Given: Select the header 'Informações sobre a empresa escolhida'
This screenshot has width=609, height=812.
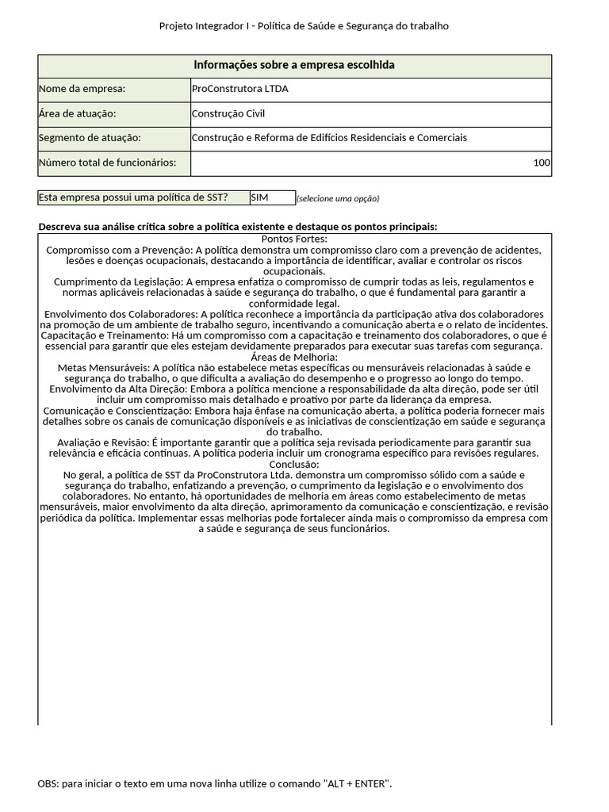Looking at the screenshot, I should (294, 65).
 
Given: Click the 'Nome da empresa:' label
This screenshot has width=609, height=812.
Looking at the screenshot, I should (82, 90).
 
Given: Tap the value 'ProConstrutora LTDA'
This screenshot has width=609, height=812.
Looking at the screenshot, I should (240, 90).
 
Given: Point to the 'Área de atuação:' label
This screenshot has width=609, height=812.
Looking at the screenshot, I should (77, 113).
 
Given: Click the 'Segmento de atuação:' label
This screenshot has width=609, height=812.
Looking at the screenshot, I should (89, 138).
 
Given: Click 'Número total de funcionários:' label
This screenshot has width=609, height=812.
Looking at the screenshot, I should (113, 163).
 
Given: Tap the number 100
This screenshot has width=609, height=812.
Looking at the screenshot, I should (542, 163).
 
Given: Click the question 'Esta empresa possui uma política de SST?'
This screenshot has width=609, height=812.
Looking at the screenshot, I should (133, 197).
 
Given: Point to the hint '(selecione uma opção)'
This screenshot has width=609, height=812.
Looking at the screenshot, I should (338, 198).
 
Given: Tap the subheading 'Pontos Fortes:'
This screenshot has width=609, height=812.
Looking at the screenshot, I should (294, 239).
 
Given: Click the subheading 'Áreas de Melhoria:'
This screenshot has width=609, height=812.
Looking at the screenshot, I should (294, 358).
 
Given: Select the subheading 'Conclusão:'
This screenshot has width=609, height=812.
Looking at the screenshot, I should (294, 464).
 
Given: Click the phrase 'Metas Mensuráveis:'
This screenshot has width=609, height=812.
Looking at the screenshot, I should (103, 368).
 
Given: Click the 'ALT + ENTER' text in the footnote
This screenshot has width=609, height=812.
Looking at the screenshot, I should (357, 783).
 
